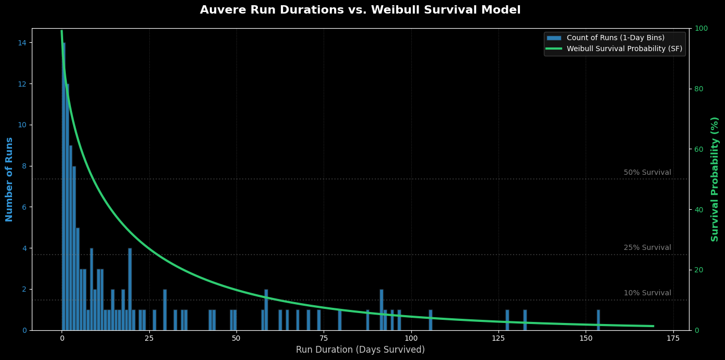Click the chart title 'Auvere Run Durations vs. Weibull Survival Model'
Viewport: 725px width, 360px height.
coord(360,10)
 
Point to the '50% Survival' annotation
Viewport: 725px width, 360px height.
coord(647,173)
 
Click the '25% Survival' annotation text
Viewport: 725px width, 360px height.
coord(647,248)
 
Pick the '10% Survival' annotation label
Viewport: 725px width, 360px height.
coord(647,293)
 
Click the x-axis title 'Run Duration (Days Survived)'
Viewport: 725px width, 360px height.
coord(360,350)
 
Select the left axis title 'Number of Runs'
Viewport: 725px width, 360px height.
coord(9,179)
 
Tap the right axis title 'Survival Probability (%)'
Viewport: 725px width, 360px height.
coord(715,179)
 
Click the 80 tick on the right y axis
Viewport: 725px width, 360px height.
coord(698,89)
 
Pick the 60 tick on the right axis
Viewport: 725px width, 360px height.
coord(698,149)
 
